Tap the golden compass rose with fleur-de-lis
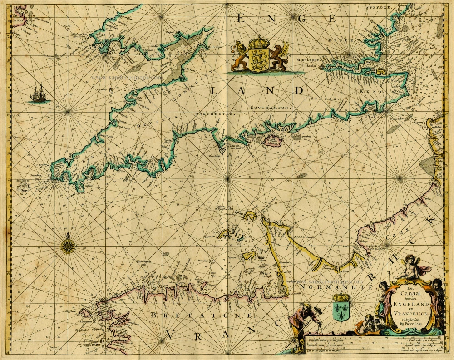tap(69, 246)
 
